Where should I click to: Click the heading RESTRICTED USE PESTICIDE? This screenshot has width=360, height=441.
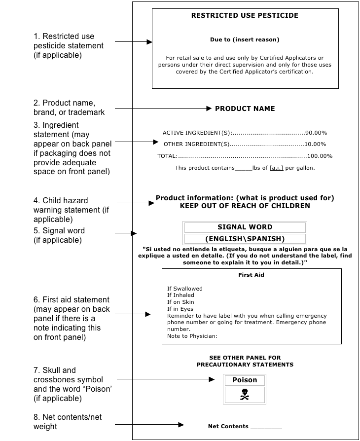[x=245, y=16]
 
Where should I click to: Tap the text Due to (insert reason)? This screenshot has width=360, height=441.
[x=245, y=40]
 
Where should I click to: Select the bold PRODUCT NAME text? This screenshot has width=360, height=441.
[x=245, y=109]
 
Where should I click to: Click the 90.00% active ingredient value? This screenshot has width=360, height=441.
[x=316, y=133]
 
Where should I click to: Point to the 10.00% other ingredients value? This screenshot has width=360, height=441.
[x=316, y=144]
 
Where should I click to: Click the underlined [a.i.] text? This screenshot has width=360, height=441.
[x=276, y=168]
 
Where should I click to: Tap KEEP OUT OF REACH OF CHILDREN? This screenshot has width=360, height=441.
[x=245, y=206]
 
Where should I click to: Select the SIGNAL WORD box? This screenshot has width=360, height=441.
[x=245, y=227]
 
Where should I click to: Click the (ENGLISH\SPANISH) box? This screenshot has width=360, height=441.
[x=245, y=239]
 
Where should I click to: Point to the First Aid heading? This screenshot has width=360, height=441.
[x=252, y=275]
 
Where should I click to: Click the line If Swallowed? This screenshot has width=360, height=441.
[x=185, y=289]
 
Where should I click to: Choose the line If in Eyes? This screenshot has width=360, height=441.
[x=180, y=309]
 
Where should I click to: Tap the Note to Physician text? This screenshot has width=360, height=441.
[x=192, y=336]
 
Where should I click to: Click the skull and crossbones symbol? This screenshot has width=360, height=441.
[x=245, y=395]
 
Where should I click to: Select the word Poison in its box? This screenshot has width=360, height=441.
[x=245, y=380]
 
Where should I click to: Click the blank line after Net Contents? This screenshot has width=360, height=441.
[x=266, y=427]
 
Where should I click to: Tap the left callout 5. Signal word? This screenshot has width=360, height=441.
[x=59, y=235]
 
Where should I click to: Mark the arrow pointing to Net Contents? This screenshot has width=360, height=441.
[x=150, y=425]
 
